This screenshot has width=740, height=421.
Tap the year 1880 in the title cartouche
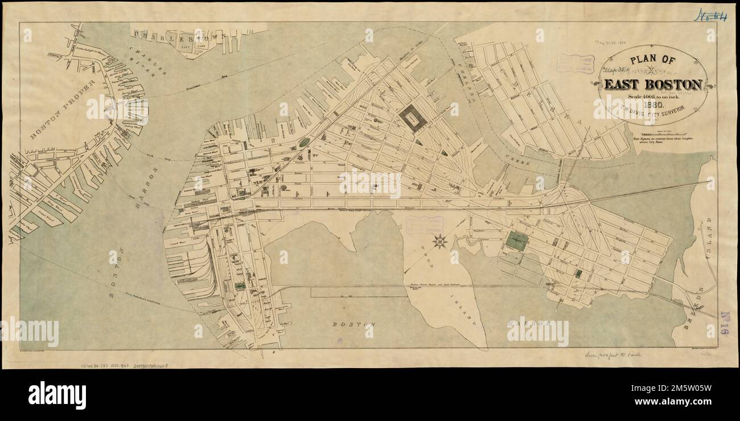coord(652,104)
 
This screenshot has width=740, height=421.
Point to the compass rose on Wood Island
coord(439,241)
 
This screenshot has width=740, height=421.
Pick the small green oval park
coord(304,142)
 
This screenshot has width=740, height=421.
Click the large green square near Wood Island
coord(516,241)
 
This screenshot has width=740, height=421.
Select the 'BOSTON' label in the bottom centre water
coord(354,324)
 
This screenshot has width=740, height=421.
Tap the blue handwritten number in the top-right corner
coord(710,16)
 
